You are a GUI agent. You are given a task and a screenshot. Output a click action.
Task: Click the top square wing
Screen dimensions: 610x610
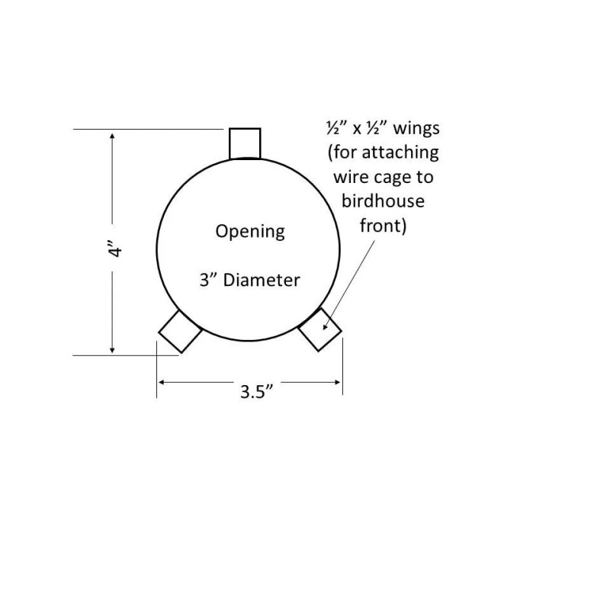(x=245, y=143)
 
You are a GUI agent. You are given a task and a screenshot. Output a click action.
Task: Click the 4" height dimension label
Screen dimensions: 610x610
(x=115, y=249)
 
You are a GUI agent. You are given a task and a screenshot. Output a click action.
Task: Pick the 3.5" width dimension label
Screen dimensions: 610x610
(x=257, y=393)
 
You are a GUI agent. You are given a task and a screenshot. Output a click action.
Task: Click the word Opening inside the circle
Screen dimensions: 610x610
(x=249, y=230)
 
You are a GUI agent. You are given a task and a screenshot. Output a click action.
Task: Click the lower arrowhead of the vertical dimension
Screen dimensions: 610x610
(x=114, y=348)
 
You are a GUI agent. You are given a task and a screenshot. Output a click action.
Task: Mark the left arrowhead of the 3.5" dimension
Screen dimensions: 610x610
(x=162, y=380)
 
